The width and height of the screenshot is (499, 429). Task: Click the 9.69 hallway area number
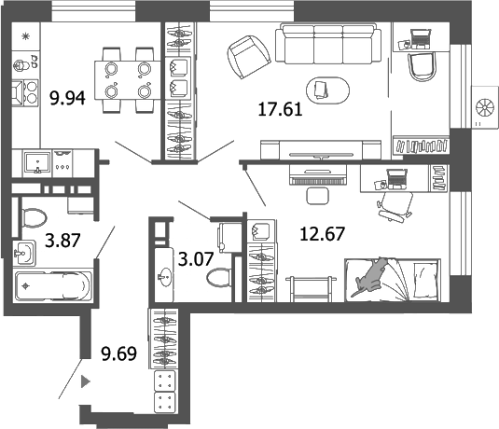[118, 352]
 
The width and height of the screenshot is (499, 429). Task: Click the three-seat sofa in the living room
[328, 45]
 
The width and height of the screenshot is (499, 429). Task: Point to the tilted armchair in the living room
[246, 57]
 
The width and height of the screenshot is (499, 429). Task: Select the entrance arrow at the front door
[86, 381]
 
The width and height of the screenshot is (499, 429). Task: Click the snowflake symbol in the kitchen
[25, 35]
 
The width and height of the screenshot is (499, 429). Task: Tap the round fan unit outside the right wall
[485, 101]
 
